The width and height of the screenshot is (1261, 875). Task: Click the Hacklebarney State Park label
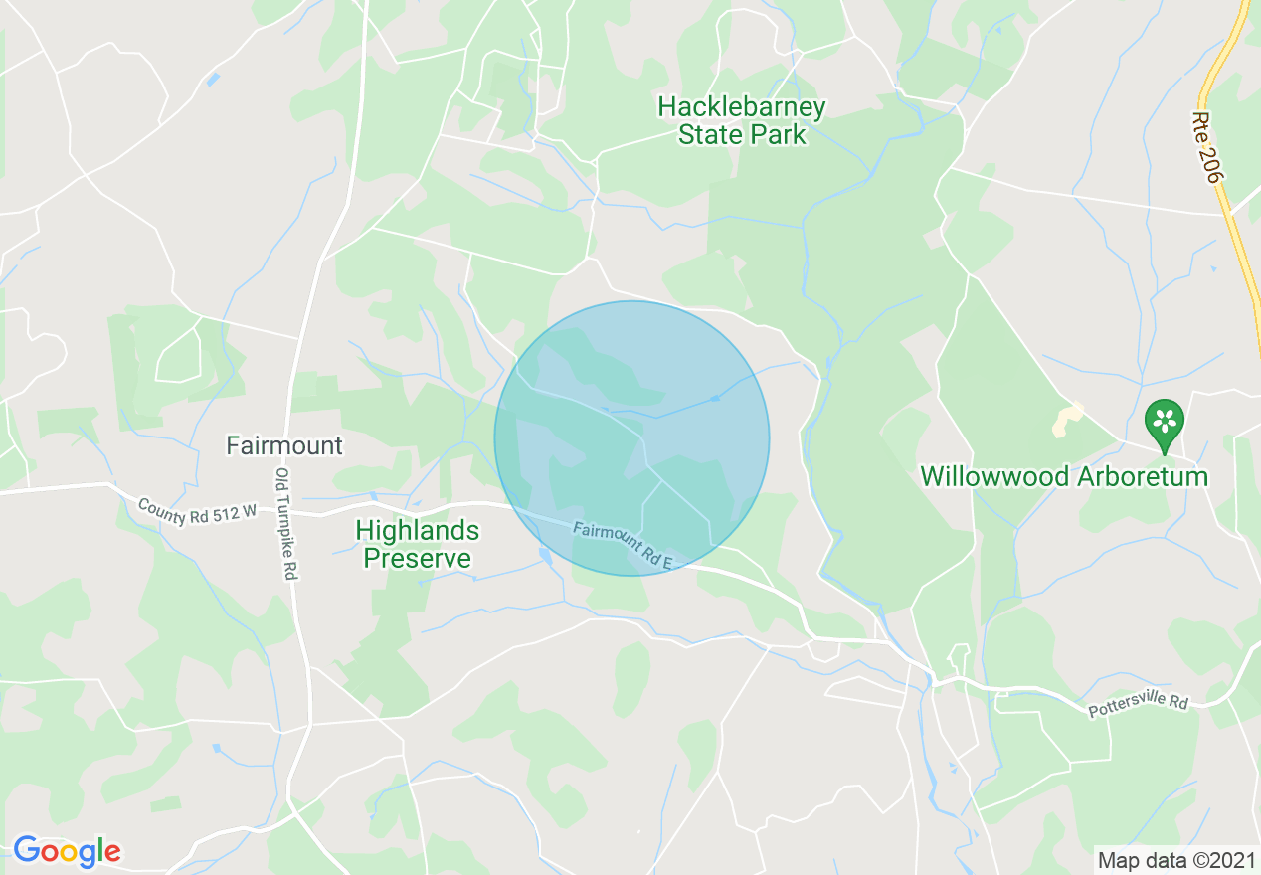click(x=742, y=120)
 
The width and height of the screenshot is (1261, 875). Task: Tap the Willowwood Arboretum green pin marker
click(x=1164, y=424)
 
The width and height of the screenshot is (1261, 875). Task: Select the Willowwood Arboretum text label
click(x=1064, y=477)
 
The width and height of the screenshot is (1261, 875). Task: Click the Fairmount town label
click(x=284, y=445)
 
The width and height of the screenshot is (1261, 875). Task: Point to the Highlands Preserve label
click(x=417, y=545)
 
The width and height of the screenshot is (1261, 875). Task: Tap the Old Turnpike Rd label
click(x=287, y=524)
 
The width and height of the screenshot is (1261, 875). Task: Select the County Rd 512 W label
click(x=197, y=513)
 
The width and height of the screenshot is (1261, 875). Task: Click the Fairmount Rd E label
click(x=624, y=546)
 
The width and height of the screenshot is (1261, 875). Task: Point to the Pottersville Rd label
click(x=1138, y=707)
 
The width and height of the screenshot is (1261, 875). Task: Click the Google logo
click(x=67, y=851)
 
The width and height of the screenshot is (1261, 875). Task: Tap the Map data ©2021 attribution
click(x=1175, y=858)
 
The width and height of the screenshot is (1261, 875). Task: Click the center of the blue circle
click(x=631, y=438)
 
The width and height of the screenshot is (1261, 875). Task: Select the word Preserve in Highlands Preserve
click(x=417, y=559)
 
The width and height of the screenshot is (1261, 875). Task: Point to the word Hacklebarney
click(x=742, y=106)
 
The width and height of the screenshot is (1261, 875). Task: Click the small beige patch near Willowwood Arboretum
click(x=1067, y=420)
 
